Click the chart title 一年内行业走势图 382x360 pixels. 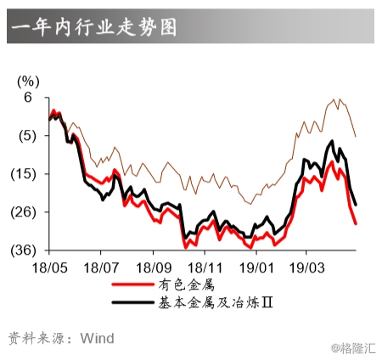(x=94, y=27)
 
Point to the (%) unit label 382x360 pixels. (x=28, y=82)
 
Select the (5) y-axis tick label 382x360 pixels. (x=25, y=136)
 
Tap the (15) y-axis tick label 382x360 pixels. (x=25, y=174)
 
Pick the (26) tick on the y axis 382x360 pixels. (x=25, y=212)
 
